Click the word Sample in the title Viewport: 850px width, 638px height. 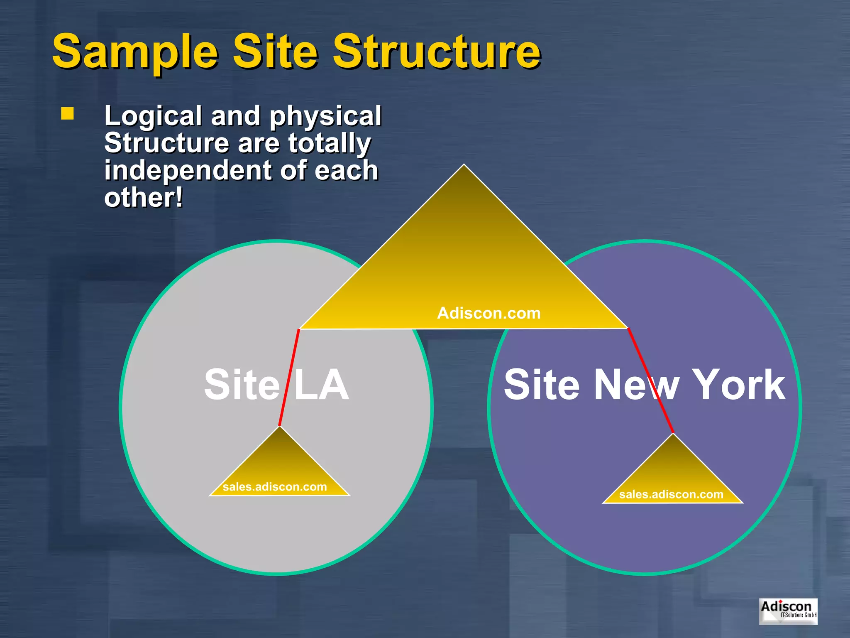click(135, 52)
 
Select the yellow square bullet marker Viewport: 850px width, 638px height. click(68, 114)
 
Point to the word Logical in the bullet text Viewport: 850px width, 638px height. click(153, 116)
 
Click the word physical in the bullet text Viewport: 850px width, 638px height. click(325, 116)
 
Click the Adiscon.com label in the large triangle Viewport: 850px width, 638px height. click(489, 313)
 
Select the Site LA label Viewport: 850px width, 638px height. click(276, 385)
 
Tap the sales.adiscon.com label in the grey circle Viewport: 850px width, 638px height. click(275, 487)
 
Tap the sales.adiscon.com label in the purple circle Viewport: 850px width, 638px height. click(671, 494)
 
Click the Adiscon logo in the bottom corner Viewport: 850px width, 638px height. click(788, 611)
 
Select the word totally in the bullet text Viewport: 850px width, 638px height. click(330, 143)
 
